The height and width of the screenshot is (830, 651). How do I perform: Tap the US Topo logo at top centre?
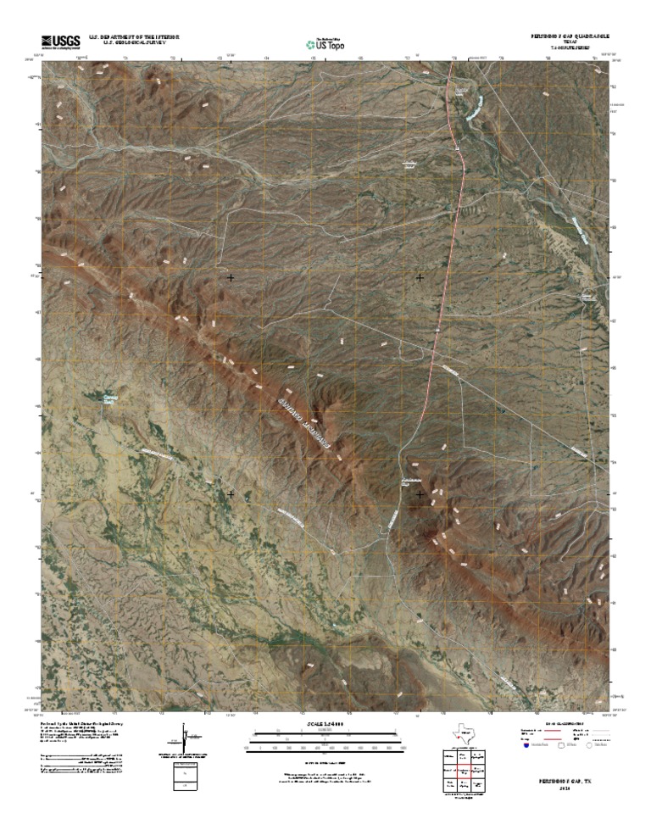point(325,42)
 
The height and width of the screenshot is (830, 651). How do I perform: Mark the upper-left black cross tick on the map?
point(231,277)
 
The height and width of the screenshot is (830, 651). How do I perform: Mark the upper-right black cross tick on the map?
point(420,277)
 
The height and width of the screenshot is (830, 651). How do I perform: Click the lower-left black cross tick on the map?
point(231,493)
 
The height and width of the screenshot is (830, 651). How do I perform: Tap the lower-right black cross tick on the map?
point(420,493)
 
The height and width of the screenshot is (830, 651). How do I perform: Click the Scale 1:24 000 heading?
point(325,723)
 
